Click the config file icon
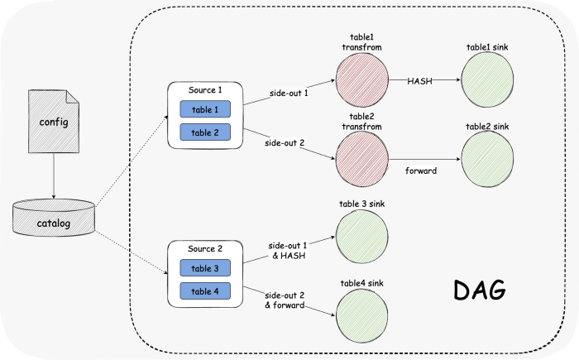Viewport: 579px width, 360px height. click(54, 121)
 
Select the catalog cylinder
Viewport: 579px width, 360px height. click(54, 218)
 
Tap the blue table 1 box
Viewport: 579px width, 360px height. click(205, 109)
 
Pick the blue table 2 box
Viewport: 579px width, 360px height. click(205, 132)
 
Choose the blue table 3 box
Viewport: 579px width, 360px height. click(205, 268)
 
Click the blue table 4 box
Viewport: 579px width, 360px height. click(205, 290)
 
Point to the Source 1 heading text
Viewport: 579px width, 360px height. click(205, 90)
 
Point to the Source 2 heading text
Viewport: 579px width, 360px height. click(205, 249)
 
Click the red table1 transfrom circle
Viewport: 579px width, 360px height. click(362, 79)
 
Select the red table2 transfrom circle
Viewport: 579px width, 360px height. click(362, 159)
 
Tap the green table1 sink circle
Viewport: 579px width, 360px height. click(487, 79)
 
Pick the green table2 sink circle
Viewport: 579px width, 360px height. click(487, 159)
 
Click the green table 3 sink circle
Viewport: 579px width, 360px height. click(362, 237)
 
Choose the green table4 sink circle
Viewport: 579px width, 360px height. click(362, 316)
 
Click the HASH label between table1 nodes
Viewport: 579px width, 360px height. click(420, 81)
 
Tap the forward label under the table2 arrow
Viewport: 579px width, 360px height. click(421, 170)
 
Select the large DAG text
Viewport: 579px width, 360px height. click(479, 290)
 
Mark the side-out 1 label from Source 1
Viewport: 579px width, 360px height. click(289, 94)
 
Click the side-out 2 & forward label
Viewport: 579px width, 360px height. click(285, 300)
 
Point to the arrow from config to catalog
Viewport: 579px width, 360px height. click(54, 176)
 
